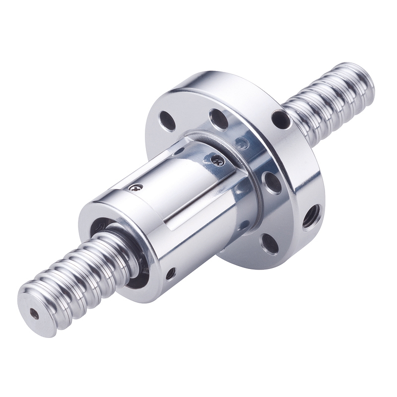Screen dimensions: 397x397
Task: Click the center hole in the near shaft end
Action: pyautogui.click(x=34, y=314)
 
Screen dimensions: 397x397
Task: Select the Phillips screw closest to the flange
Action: pyautogui.click(x=216, y=160)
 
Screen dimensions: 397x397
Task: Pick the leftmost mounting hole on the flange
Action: pyautogui.click(x=167, y=121)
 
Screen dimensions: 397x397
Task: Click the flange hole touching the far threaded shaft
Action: pyautogui.click(x=280, y=119)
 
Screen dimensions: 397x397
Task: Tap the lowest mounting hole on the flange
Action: pyautogui.click(x=269, y=244)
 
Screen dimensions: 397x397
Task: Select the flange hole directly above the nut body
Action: pyautogui.click(x=219, y=119)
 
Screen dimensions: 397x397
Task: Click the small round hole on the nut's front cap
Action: pyautogui.click(x=170, y=273)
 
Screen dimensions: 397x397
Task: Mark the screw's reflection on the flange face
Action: pyautogui.click(x=242, y=144)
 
